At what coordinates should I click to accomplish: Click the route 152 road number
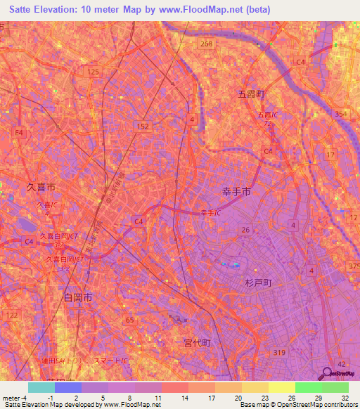point(143,125)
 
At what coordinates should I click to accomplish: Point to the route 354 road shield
point(341,114)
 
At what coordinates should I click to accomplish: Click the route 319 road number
point(279,352)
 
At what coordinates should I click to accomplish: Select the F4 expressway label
point(19,132)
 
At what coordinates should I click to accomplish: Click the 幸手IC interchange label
point(211,212)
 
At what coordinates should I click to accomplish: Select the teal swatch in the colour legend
point(41,387)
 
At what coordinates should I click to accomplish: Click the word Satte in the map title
point(27,11)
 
